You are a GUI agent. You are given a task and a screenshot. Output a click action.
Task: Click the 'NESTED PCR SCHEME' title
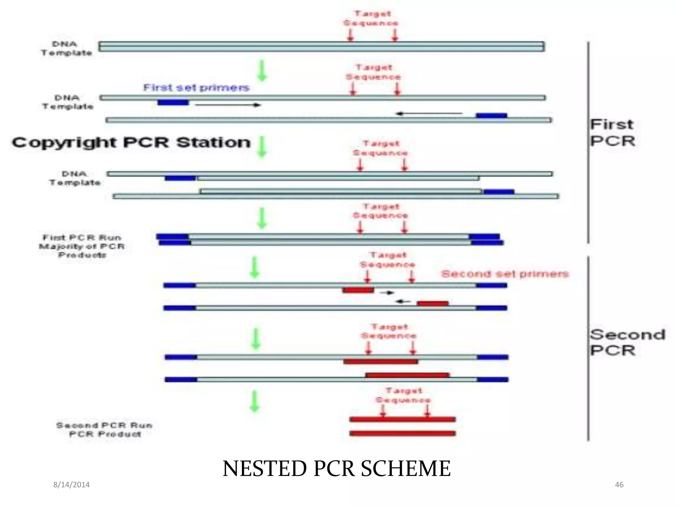(x=337, y=469)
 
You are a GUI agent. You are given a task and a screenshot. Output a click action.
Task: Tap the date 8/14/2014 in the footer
(x=71, y=485)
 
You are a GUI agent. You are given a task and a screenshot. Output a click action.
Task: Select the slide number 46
(x=619, y=485)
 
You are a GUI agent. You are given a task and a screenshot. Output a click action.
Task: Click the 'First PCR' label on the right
(x=612, y=133)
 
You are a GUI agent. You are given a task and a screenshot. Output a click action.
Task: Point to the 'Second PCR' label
(x=627, y=342)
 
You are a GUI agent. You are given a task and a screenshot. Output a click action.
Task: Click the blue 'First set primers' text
(x=196, y=88)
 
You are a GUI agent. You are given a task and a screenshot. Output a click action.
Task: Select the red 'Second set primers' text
(x=505, y=274)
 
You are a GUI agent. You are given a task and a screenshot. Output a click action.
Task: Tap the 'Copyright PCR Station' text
(x=131, y=143)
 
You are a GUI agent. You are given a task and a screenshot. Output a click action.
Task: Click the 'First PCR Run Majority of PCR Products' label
(x=82, y=246)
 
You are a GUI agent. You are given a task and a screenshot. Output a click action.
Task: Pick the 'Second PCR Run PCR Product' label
(x=104, y=429)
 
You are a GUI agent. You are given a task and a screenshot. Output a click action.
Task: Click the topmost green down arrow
(x=262, y=70)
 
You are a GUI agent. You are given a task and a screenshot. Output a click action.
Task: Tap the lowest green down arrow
(x=254, y=401)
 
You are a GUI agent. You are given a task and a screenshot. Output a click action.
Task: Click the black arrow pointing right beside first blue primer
(x=228, y=105)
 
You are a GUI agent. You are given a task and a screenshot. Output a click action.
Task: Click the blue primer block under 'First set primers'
(x=173, y=103)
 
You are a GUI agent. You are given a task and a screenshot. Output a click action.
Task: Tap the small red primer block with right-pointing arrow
(x=358, y=290)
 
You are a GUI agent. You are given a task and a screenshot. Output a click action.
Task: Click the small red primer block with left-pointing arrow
(x=432, y=303)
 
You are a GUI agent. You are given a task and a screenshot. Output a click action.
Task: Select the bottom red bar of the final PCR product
(x=402, y=433)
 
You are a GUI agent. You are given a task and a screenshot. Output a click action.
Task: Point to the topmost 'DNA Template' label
(x=66, y=48)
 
